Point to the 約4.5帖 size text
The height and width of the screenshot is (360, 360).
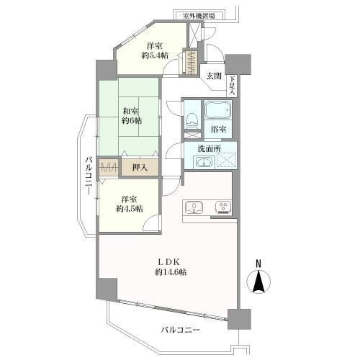[x=130, y=208]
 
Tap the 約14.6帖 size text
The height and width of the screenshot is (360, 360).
[x=171, y=272]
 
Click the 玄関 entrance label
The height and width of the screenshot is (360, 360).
[x=214, y=75]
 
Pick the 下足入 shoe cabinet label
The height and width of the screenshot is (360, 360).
[x=232, y=86]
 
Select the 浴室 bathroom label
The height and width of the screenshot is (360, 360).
[x=218, y=130]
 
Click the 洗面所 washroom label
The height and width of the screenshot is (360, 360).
[x=210, y=150]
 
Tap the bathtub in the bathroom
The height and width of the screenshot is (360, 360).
[x=217, y=110]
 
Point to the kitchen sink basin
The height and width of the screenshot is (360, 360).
[x=194, y=208]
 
